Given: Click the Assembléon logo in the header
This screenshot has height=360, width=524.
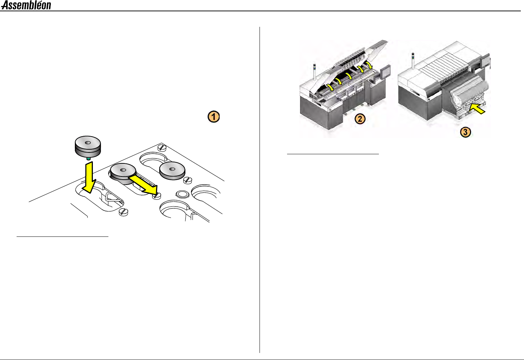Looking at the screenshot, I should point(26,5).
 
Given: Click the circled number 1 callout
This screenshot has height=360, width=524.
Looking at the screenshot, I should point(213,116).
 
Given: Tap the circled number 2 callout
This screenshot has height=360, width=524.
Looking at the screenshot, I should point(360,119).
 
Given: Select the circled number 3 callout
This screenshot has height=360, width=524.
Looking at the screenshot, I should point(465,132).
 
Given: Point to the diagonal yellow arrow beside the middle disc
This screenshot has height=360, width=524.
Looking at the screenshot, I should point(143,184).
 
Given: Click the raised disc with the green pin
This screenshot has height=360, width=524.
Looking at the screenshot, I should point(88,145).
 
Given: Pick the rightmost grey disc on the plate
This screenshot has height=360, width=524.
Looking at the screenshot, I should point(172,171).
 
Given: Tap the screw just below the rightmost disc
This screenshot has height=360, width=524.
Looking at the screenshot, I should point(188,180).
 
